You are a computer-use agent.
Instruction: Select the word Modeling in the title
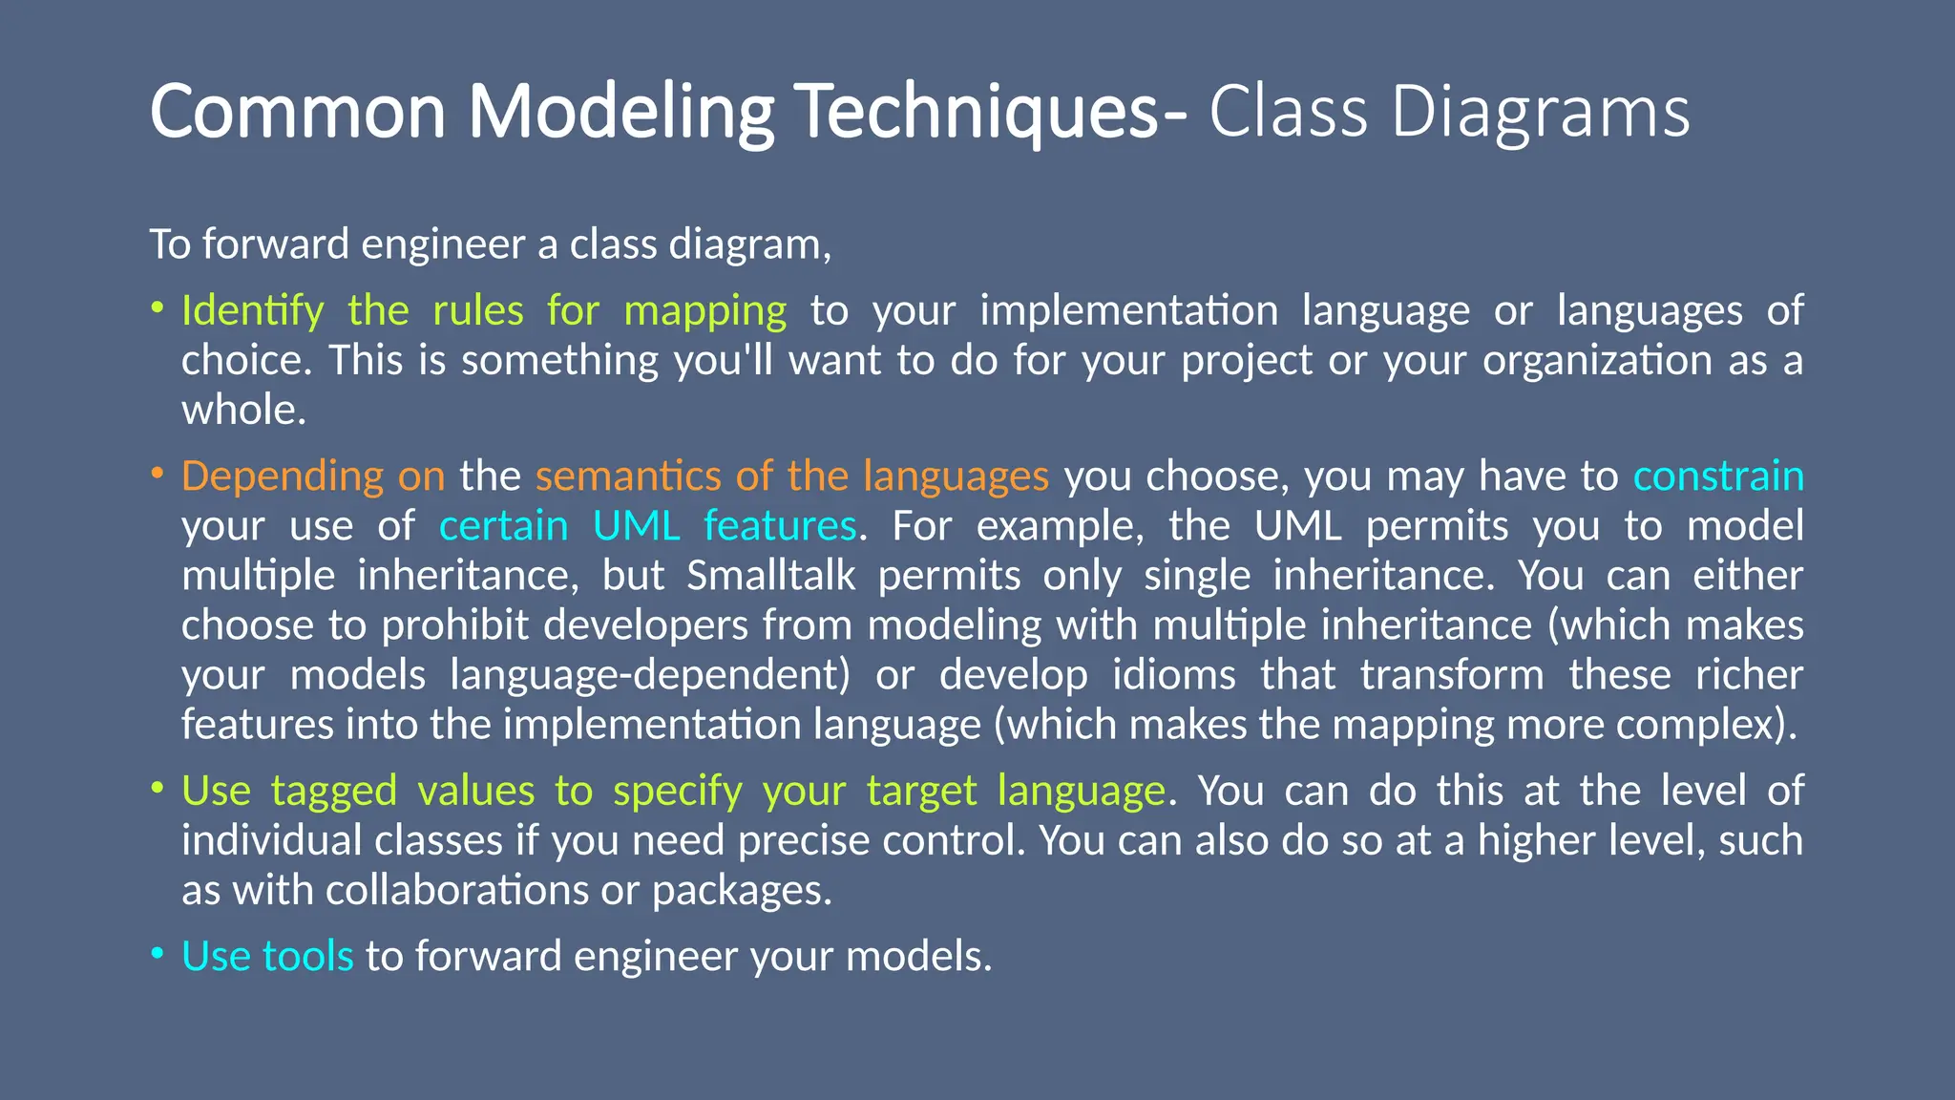(x=620, y=113)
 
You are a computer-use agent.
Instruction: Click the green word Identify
(x=253, y=311)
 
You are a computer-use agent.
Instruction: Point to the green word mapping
(x=704, y=311)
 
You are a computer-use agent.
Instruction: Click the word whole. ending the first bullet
(x=243, y=411)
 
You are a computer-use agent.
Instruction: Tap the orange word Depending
(x=282, y=476)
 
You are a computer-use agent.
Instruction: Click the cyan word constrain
(x=1717, y=476)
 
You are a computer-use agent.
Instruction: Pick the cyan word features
(x=780, y=526)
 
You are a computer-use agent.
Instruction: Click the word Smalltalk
(x=770, y=576)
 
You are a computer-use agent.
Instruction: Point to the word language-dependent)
(x=649, y=675)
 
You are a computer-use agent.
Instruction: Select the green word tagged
(x=333, y=792)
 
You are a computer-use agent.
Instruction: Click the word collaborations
(x=457, y=891)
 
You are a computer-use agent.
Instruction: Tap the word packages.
(x=742, y=891)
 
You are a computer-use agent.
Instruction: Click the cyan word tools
(x=307, y=957)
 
